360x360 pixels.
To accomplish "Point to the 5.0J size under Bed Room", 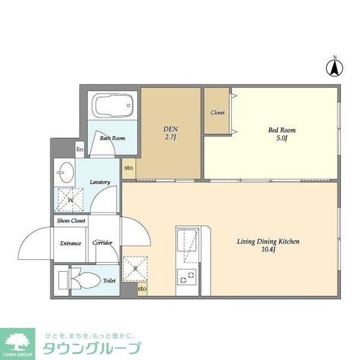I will click(282, 139).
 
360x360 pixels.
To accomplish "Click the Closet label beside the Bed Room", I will click(217, 113).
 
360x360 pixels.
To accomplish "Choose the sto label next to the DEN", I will click(128, 169).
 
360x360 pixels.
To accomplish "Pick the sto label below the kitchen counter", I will click(142, 289).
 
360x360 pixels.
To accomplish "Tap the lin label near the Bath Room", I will click(79, 149).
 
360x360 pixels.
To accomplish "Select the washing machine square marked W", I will click(70, 200).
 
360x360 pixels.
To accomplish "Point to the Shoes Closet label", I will click(71, 221).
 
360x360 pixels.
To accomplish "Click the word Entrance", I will click(71, 243).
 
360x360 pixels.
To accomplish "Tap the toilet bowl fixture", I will click(86, 278).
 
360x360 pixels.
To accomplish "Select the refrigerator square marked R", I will click(134, 268).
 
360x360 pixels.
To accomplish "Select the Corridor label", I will click(103, 243).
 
